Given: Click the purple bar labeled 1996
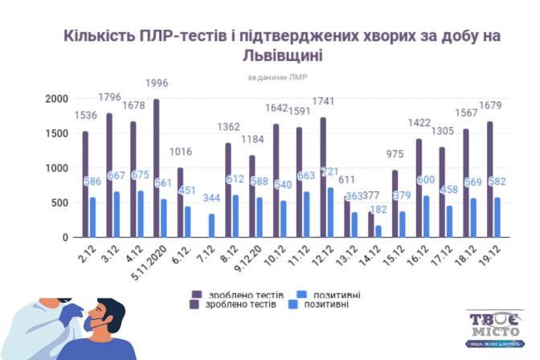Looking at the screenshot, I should pos(156,169).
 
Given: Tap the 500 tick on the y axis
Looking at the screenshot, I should pos(59,203).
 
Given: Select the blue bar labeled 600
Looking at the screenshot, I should pos(425,217).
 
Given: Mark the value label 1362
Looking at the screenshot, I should pos(227,126).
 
